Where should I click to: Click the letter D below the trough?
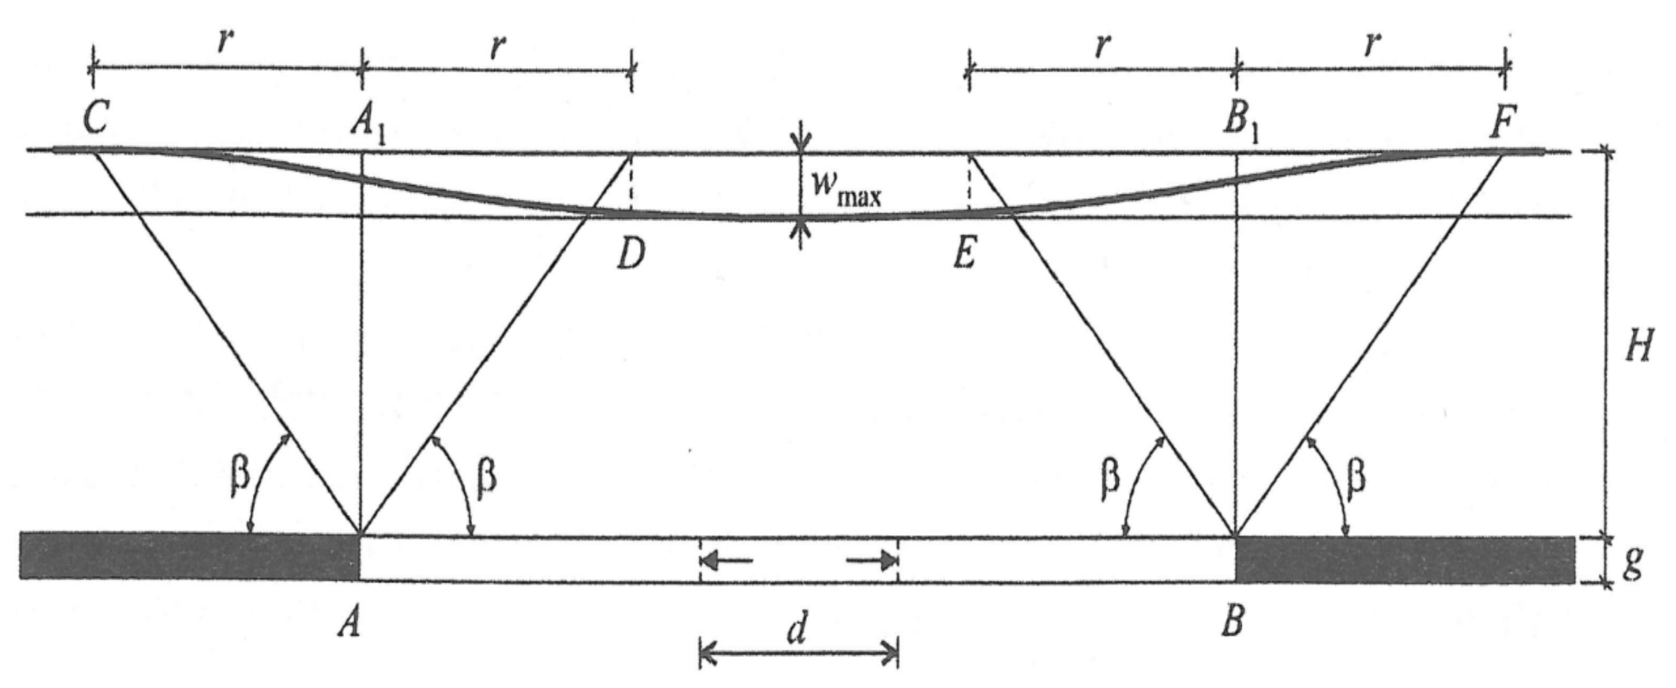click(x=630, y=255)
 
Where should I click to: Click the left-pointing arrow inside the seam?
click(x=729, y=560)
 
